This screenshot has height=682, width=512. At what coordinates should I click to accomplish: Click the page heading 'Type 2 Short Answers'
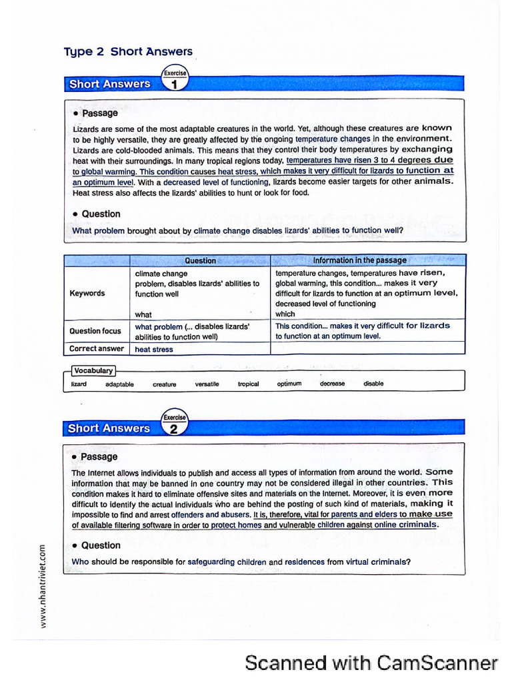click(x=128, y=51)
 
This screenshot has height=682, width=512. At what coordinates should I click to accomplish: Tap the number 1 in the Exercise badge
click(x=174, y=85)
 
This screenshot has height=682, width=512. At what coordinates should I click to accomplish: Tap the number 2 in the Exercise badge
click(x=174, y=429)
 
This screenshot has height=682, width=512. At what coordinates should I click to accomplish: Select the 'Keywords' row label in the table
click(x=87, y=293)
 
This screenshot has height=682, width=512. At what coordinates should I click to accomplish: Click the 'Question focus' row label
click(x=95, y=331)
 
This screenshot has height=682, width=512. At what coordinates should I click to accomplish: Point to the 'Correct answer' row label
click(x=97, y=348)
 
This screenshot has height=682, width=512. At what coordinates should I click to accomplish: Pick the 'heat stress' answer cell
click(x=154, y=349)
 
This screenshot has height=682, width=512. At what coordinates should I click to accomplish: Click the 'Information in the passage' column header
click(x=359, y=260)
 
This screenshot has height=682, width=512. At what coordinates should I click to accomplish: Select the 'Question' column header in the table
click(x=200, y=260)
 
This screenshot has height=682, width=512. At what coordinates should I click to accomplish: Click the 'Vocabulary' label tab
click(x=93, y=371)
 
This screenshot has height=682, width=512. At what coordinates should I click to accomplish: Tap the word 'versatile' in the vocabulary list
click(x=207, y=384)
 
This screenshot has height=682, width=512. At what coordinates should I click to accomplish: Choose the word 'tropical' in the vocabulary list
click(x=248, y=384)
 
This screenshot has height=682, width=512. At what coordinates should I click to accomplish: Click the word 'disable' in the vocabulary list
click(x=373, y=384)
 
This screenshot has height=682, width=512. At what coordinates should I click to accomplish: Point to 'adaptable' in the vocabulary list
click(x=119, y=384)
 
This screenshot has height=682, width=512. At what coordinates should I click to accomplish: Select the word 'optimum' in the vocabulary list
click(x=289, y=384)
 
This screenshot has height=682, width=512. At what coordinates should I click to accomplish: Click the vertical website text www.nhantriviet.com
click(x=43, y=586)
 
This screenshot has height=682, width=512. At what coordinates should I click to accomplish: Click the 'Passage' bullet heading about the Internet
click(x=99, y=457)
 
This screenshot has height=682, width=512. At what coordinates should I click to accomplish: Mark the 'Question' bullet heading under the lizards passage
click(x=101, y=214)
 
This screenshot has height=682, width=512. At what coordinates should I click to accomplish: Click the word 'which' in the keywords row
click(x=285, y=314)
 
